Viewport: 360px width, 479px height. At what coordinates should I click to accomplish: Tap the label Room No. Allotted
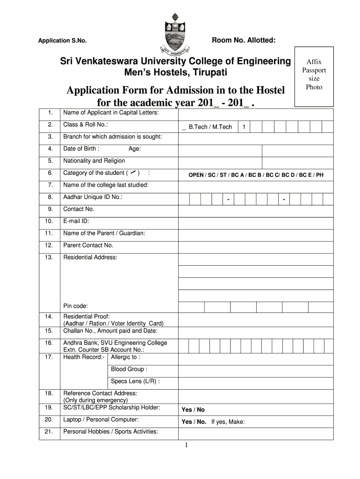click(x=244, y=41)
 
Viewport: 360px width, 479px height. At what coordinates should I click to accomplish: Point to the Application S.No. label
click(x=62, y=41)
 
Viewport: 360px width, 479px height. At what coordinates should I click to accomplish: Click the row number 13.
click(x=49, y=257)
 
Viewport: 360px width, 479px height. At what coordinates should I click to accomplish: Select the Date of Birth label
click(x=81, y=149)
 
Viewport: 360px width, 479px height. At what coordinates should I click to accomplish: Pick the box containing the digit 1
click(x=244, y=127)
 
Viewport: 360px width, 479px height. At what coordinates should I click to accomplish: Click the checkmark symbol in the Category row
click(x=134, y=173)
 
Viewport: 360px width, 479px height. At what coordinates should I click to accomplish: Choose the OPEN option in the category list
click(x=196, y=175)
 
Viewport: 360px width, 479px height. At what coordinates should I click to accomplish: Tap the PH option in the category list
click(x=319, y=175)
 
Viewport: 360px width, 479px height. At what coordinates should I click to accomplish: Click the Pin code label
click(x=75, y=306)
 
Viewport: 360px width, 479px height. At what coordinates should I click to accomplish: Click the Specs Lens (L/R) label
click(x=135, y=381)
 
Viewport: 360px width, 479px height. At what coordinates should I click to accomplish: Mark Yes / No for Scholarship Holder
click(x=193, y=410)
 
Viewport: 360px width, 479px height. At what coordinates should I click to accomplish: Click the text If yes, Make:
click(x=228, y=421)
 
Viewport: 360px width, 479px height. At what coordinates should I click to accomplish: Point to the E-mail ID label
click(x=76, y=221)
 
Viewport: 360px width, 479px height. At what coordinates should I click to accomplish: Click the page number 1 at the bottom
click(x=186, y=445)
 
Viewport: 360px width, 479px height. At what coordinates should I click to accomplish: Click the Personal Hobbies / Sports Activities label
click(x=110, y=432)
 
